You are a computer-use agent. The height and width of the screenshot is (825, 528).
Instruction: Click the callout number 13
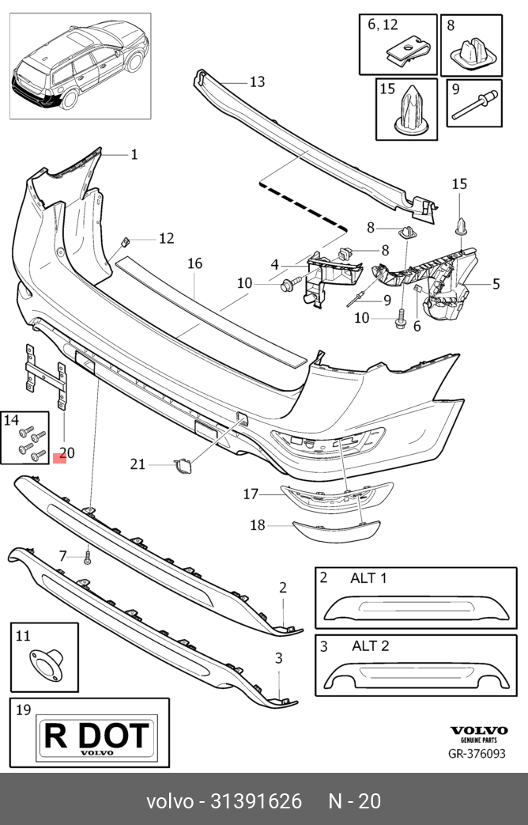[x=257, y=82]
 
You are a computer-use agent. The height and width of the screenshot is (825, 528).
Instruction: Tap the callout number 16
[x=194, y=263]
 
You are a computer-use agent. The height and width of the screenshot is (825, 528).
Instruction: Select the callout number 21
[x=138, y=464]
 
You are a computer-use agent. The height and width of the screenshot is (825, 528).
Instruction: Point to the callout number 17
[x=251, y=494]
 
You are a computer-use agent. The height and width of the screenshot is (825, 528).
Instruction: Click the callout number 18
[x=257, y=525]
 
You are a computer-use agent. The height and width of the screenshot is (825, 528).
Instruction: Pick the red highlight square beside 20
[x=59, y=458]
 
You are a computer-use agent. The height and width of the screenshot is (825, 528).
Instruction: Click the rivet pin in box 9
[x=473, y=105]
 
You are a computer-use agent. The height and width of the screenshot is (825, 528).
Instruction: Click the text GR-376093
[x=477, y=754]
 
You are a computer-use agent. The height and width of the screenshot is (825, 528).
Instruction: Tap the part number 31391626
[x=256, y=801]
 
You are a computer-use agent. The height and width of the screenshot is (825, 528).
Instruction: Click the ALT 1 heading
[x=368, y=578]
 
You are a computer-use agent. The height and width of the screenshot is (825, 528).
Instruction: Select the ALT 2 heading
[x=370, y=645]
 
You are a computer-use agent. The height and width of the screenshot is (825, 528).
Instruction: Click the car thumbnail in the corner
[x=80, y=65]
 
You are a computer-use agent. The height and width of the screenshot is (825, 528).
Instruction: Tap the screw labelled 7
[x=87, y=557]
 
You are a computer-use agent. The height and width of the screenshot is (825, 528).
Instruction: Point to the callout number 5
[x=496, y=284]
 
